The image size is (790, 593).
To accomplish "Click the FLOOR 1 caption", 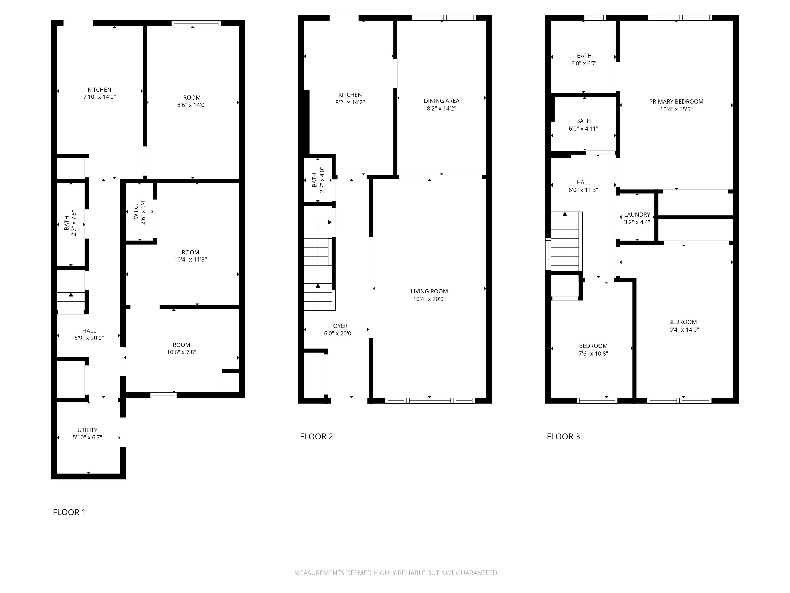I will click(x=69, y=512).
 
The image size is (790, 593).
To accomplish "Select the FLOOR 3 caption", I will click(x=563, y=436).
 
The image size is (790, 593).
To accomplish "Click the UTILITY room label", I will click(x=87, y=430).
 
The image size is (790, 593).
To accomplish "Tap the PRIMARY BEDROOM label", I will click(x=676, y=102).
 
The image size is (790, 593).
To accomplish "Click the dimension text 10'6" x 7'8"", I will click(x=182, y=352).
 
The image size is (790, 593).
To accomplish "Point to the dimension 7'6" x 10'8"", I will click(x=593, y=353).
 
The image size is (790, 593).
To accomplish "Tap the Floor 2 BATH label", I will click(x=314, y=180).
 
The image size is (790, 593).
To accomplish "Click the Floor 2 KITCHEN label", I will click(x=350, y=95).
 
